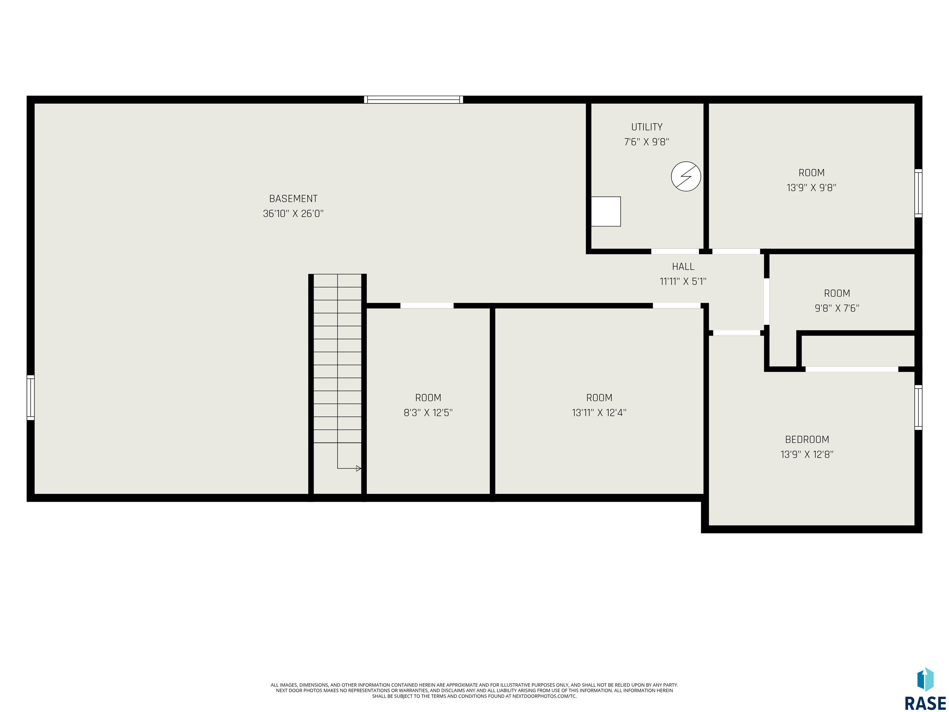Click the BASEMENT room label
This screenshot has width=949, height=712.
tap(293, 199)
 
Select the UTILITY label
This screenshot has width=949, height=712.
tap(647, 127)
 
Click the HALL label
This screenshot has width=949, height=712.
tap(683, 266)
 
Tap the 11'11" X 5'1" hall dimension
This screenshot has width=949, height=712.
tap(683, 282)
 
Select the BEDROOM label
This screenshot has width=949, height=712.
tap(807, 439)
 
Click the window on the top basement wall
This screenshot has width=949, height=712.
tap(414, 100)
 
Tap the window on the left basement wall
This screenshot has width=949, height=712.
tap(31, 397)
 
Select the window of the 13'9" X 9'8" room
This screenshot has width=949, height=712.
tap(918, 193)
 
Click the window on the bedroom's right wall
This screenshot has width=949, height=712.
tap(918, 407)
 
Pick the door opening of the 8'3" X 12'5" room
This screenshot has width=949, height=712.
tap(427, 306)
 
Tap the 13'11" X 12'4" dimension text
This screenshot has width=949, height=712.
tap(599, 413)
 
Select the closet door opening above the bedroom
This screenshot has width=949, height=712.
tap(852, 369)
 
